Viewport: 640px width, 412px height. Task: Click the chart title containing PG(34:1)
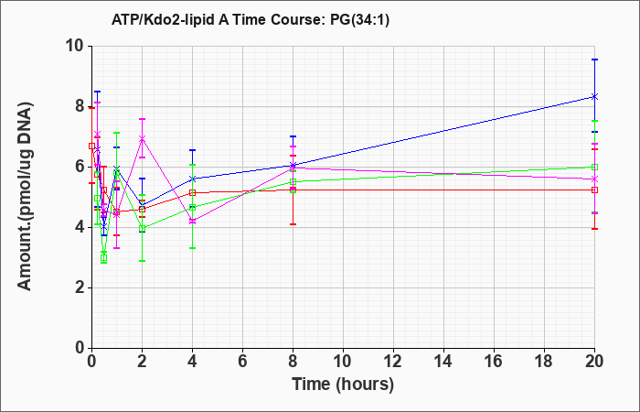click(251, 19)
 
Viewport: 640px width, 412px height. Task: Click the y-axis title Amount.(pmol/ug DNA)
click(26, 197)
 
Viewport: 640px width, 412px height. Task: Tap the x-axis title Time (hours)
click(343, 385)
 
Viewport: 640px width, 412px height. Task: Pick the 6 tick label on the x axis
click(243, 362)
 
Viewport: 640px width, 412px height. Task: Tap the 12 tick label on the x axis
click(393, 362)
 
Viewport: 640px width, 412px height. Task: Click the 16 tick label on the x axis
click(495, 362)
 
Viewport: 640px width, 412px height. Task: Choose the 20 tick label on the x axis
click(594, 362)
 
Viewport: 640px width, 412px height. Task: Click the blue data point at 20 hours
click(594, 96)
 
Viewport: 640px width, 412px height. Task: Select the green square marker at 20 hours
click(594, 167)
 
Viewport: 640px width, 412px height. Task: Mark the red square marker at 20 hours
click(594, 190)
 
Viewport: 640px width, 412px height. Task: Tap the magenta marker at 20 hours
click(594, 179)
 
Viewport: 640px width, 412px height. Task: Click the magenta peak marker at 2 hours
click(142, 138)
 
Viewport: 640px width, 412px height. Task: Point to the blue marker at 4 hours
click(192, 179)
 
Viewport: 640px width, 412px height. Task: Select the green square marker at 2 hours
click(142, 229)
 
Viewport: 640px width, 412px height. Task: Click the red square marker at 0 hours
click(91, 146)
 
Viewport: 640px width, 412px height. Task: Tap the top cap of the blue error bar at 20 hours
click(594, 60)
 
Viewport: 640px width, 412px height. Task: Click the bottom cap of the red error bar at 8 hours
click(293, 224)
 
